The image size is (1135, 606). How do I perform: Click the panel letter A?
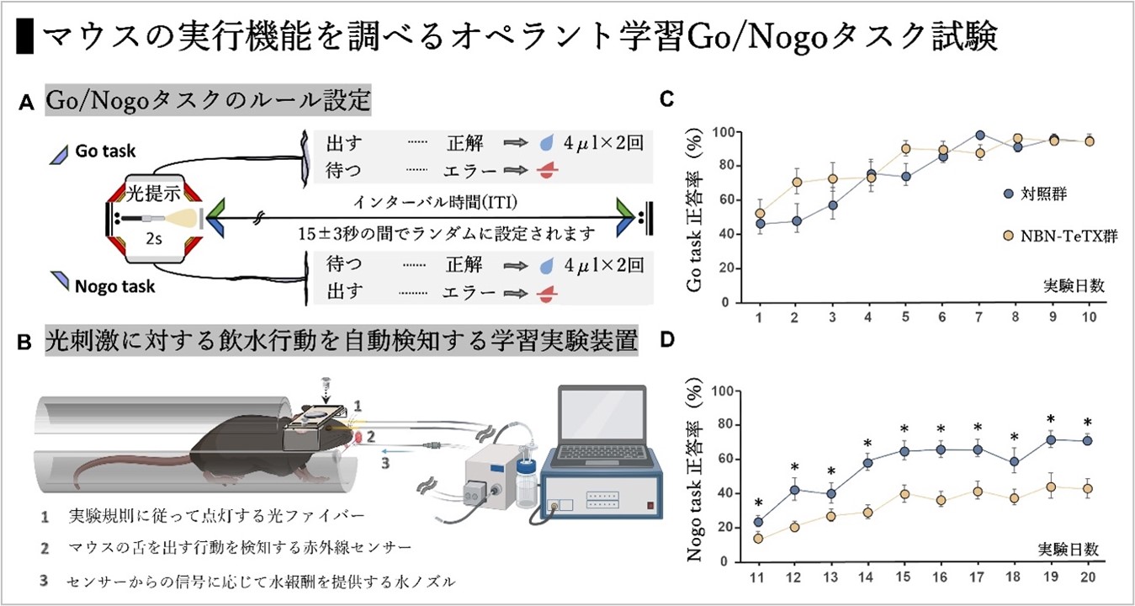[x=26, y=104]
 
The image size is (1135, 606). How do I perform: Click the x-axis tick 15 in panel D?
[x=904, y=581]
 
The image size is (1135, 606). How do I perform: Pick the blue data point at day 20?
[x=1086, y=440]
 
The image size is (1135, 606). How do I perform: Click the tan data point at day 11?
[x=758, y=539]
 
